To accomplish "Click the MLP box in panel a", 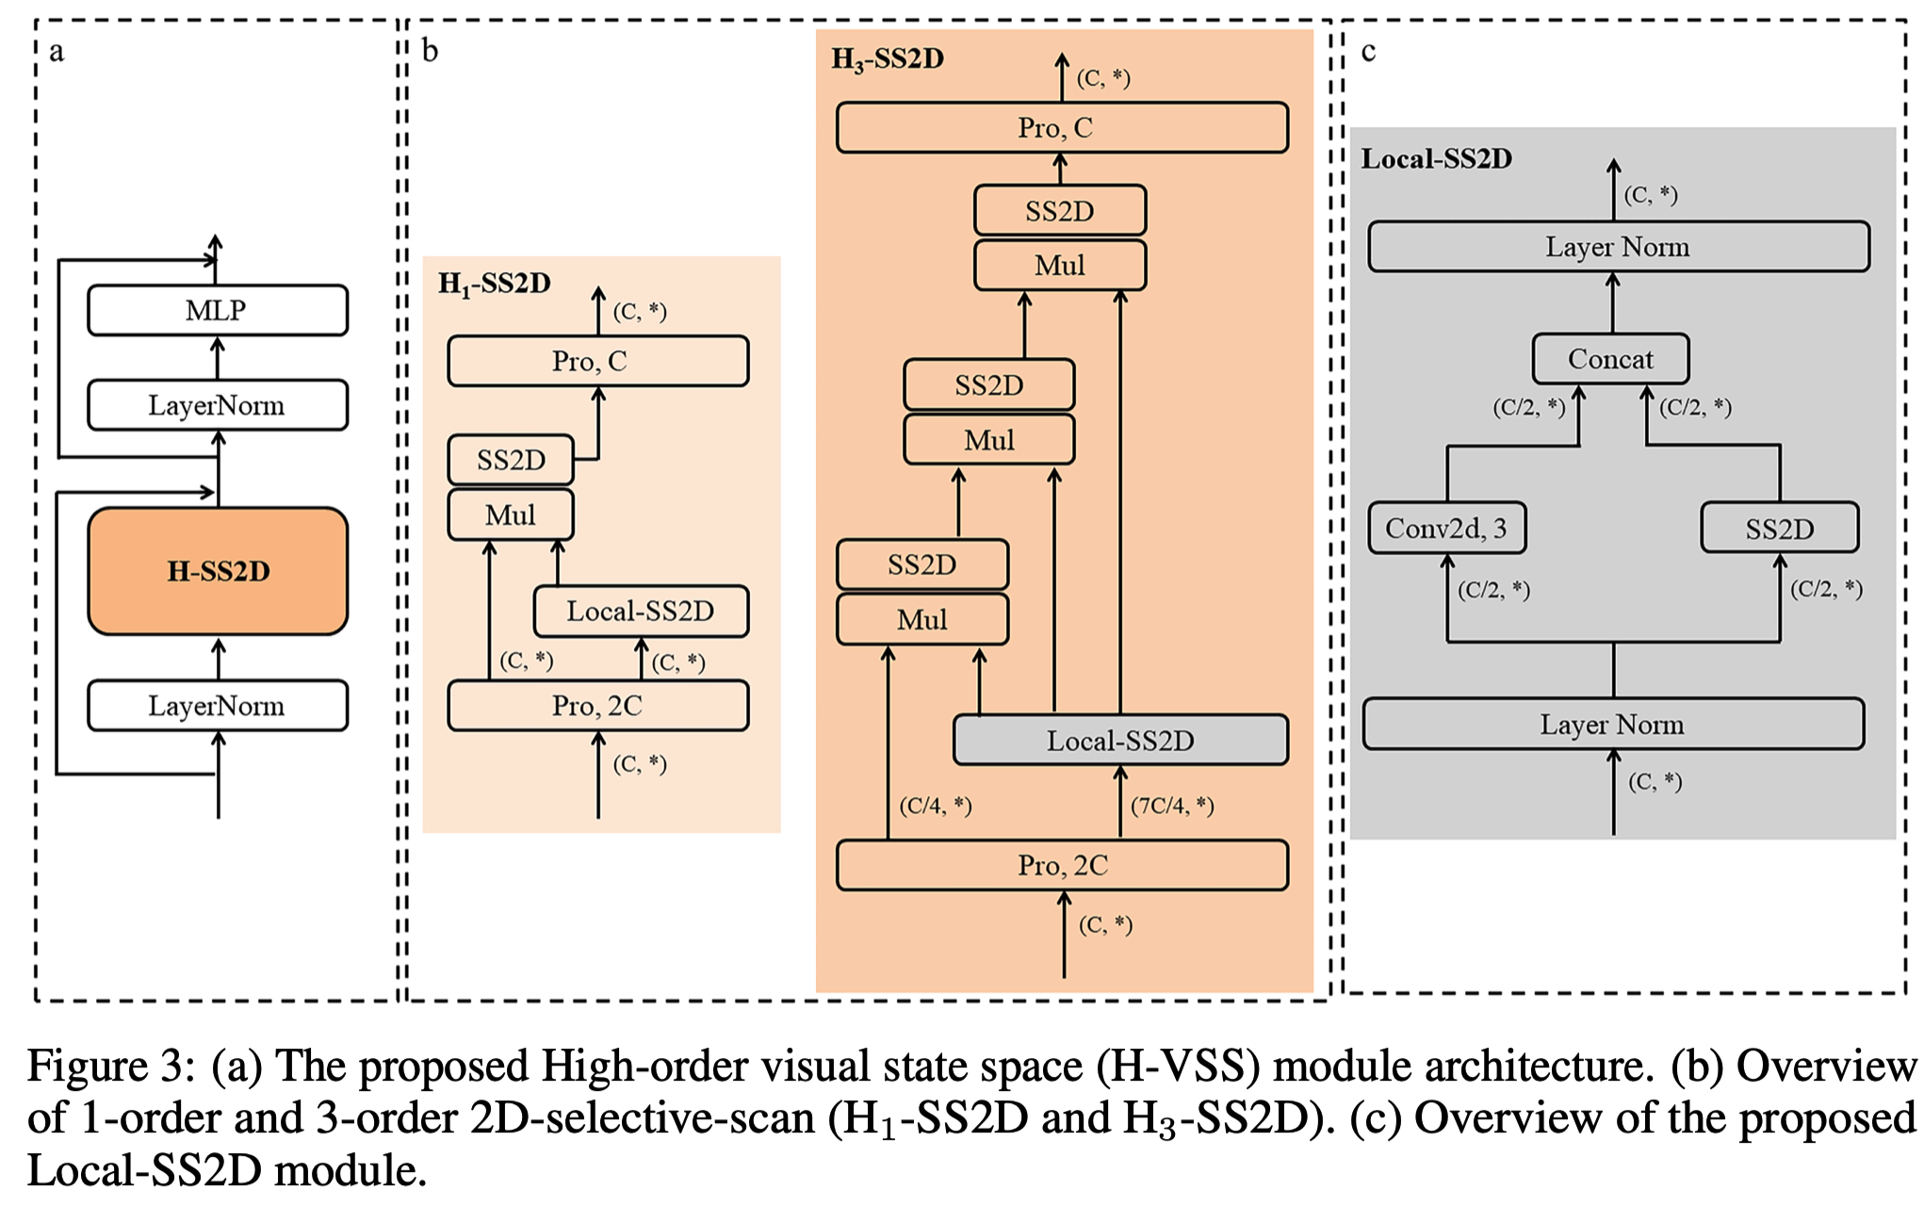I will tap(218, 310).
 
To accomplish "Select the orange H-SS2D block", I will tap(218, 571).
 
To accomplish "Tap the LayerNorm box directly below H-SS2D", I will tap(218, 706).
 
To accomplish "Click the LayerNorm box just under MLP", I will tap(218, 405).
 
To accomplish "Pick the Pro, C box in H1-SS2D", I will tap(598, 361).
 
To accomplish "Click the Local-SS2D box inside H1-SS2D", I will tap(641, 611).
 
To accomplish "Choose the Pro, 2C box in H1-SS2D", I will tap(598, 706).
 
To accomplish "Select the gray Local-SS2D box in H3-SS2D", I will tap(1120, 741).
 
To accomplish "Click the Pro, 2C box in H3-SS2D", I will tap(1062, 865).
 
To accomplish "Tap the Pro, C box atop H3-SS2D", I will tap(1062, 127).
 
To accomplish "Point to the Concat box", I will tap(1610, 359).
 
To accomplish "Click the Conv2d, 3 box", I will tap(1446, 528).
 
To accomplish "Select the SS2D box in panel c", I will tap(1779, 529).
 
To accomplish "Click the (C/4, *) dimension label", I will tap(935, 806).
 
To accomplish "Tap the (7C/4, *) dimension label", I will tap(1172, 806).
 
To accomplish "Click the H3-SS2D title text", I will tap(887, 59).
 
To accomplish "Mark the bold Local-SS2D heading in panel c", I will tap(1436, 158).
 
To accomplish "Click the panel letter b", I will tap(430, 51).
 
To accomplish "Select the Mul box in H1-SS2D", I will tap(511, 514).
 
